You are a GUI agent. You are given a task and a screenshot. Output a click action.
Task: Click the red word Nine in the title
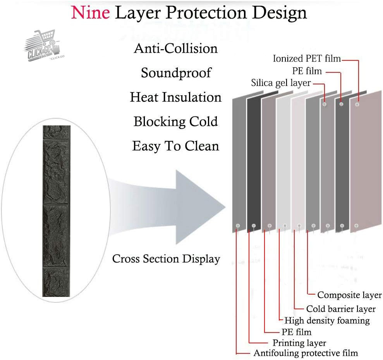[90, 12]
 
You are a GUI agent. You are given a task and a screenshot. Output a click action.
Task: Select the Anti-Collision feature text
[176, 48]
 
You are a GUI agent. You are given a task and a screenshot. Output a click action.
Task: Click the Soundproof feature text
[176, 73]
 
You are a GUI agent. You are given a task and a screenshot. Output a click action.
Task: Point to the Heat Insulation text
[176, 97]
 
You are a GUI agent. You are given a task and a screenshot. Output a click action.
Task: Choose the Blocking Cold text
[176, 122]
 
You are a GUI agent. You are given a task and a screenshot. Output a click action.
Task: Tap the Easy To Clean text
[176, 146]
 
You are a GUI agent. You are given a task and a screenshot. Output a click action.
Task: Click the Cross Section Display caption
[166, 259]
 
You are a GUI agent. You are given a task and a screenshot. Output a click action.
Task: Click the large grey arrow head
[196, 207]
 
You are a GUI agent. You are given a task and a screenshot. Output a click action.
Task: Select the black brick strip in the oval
[56, 211]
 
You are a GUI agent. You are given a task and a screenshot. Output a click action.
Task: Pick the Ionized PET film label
[307, 58]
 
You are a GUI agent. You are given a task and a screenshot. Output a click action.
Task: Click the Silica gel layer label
[281, 83]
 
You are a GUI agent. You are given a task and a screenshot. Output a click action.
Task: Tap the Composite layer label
[349, 295]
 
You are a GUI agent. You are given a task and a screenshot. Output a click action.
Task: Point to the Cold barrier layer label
[341, 309]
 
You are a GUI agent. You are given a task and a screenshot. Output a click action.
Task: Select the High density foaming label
[327, 321]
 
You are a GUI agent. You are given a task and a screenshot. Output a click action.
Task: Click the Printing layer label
[299, 343]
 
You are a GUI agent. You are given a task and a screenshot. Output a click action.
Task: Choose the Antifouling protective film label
[306, 353]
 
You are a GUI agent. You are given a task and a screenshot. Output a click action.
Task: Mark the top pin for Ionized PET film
[357, 105]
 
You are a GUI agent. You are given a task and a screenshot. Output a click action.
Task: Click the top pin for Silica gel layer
[325, 104]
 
